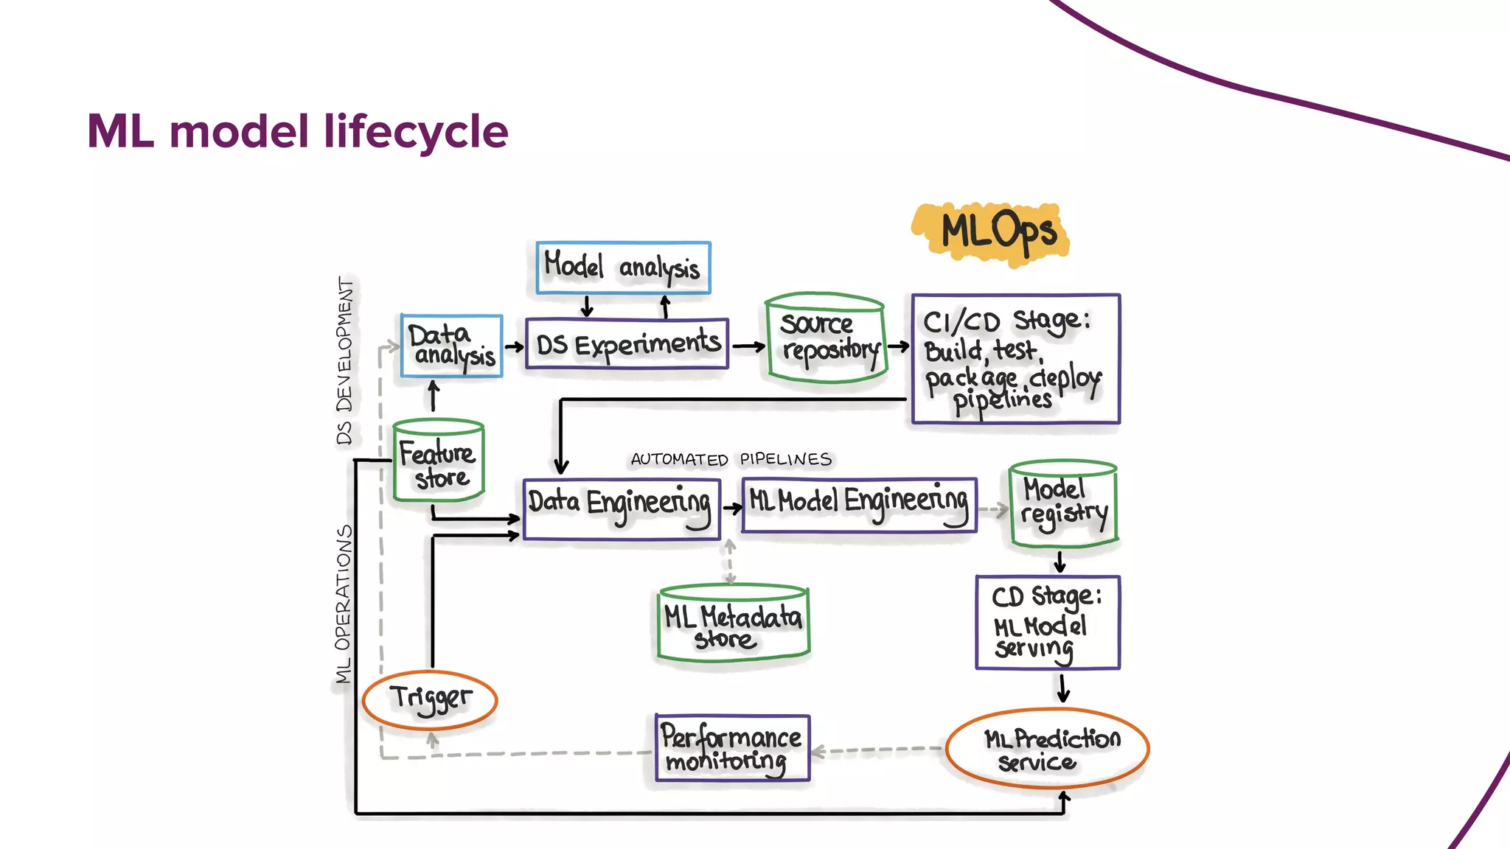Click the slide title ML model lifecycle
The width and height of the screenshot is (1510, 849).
coord(297,131)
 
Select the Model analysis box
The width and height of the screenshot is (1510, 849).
coord(623,268)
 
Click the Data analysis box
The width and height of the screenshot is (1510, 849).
coord(451,346)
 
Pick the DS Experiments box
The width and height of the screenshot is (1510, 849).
coord(627,344)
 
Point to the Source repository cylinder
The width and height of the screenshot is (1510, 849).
coord(826,339)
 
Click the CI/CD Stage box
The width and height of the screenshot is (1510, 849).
coord(1015,359)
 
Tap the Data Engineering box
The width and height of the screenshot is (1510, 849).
coord(621,509)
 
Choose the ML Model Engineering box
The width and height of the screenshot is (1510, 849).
coord(859,505)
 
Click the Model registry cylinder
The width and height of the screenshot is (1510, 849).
coord(1063,504)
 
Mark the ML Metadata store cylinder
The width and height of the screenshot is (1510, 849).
coord(733,623)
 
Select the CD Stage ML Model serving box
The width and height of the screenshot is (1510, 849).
coord(1047,623)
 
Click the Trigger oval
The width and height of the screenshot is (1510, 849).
coord(430,699)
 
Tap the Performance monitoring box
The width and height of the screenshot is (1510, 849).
coord(732,748)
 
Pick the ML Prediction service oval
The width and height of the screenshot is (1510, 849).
coord(1047,749)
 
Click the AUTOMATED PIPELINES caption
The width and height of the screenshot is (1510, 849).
coord(731,460)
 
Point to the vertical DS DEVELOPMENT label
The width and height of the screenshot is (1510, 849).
coord(344,360)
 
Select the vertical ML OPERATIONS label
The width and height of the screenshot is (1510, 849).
coord(344,604)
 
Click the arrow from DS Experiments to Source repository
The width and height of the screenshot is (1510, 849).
coord(748,346)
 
